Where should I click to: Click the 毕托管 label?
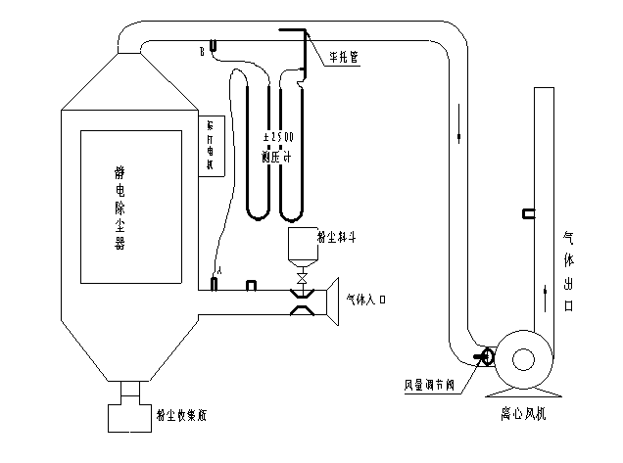[x=343, y=59]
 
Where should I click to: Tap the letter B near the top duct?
[x=203, y=46]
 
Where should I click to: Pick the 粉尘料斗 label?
[x=334, y=236]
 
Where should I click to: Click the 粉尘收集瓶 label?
[x=180, y=415]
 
